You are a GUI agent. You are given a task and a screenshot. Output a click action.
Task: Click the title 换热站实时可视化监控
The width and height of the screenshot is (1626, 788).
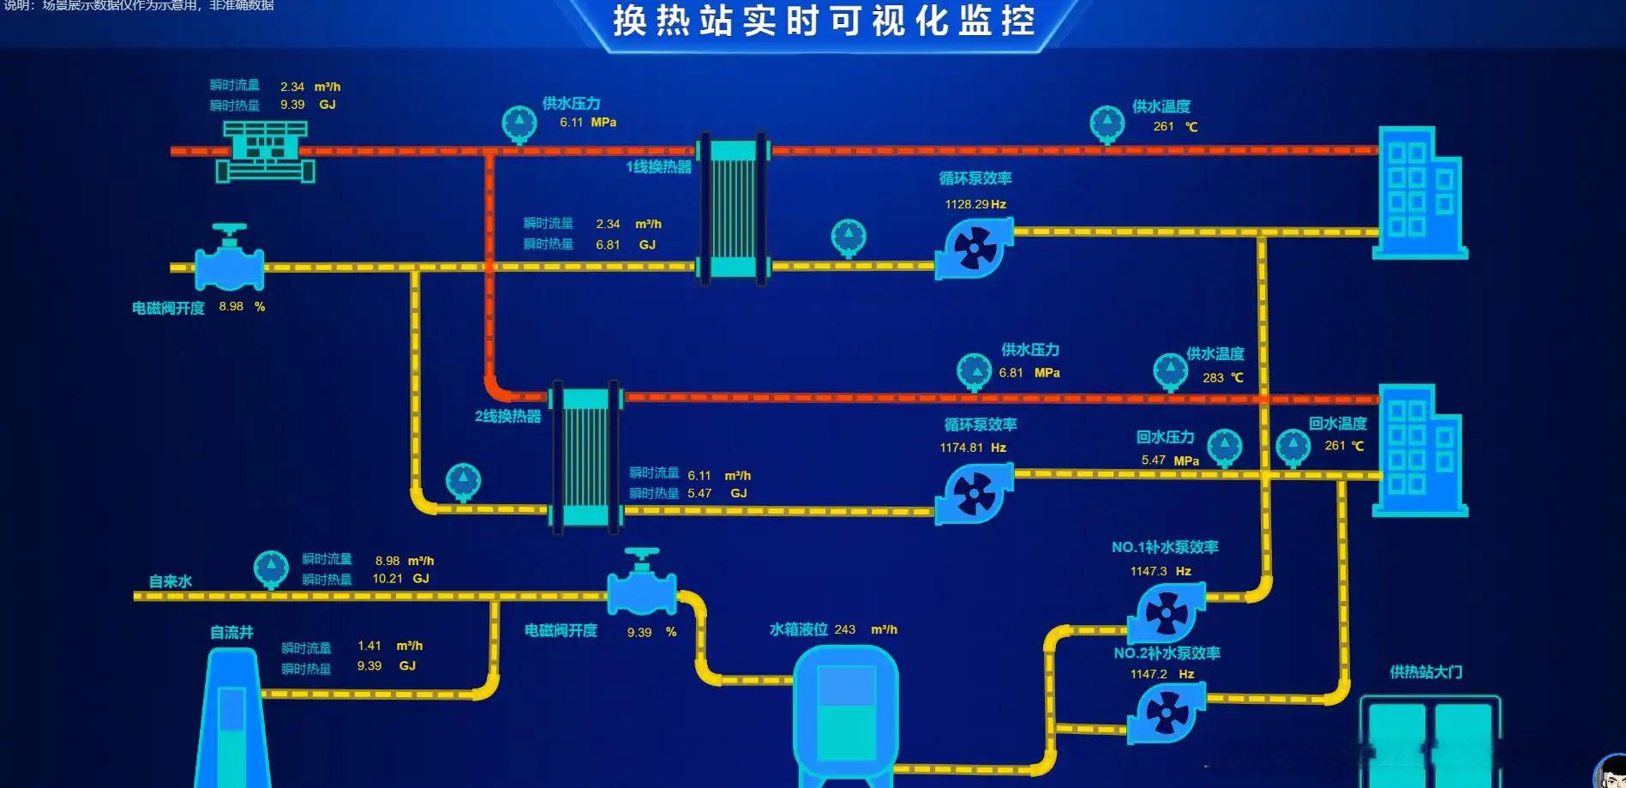point(824,21)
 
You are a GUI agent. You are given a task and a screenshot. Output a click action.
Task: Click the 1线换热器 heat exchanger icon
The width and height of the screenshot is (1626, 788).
point(733,208)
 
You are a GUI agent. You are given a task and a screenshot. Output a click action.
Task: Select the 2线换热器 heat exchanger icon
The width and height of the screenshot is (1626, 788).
point(585,457)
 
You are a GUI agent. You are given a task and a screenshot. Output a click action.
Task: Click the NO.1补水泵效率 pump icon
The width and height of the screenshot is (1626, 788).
point(1166,612)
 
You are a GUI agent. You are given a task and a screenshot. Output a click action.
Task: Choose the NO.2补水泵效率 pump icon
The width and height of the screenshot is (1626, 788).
point(1166,712)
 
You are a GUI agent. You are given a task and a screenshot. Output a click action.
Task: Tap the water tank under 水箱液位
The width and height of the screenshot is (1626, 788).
point(845,712)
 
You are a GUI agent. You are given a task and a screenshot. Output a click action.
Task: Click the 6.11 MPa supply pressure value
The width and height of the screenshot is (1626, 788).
point(571,123)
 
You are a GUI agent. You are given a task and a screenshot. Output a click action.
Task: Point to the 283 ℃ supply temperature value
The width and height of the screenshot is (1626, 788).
point(1213,378)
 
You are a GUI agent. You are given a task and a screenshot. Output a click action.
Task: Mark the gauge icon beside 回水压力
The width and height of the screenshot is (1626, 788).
point(1224,447)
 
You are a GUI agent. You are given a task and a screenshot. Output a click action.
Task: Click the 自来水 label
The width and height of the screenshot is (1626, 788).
point(171,581)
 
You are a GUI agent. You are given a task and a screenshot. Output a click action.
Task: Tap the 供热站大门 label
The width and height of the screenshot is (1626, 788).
point(1426,672)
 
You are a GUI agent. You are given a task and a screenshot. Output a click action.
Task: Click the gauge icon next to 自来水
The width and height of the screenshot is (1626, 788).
point(271,568)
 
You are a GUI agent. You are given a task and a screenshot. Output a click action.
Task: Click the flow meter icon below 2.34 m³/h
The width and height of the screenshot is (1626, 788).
point(265,152)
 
